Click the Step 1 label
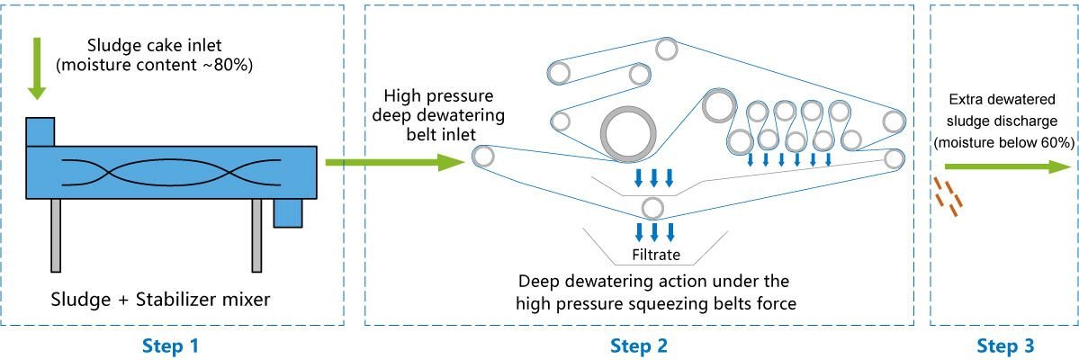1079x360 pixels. click(x=172, y=346)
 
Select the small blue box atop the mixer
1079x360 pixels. click(x=40, y=131)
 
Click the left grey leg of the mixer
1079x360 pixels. click(x=56, y=235)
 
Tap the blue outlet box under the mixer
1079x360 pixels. click(x=289, y=212)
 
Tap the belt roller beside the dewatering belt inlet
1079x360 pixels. click(x=483, y=157)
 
